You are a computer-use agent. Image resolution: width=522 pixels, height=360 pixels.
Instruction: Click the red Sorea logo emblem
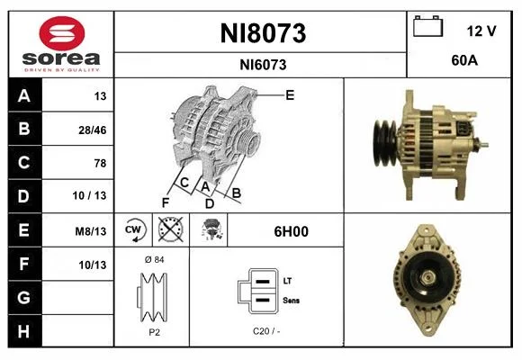(x=62, y=33)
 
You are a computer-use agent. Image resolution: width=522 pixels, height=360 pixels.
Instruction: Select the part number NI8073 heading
(x=263, y=33)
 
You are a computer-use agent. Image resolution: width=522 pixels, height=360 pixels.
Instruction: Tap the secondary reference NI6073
(x=263, y=65)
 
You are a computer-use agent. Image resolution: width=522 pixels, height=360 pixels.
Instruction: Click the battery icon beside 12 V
(x=428, y=26)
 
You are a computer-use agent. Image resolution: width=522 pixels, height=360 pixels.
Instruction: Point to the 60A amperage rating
(x=464, y=60)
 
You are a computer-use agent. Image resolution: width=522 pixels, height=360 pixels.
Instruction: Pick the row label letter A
(x=24, y=96)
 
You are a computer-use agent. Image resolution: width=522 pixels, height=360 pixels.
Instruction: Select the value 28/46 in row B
(x=92, y=130)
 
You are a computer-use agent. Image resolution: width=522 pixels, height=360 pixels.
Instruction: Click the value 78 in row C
(x=100, y=163)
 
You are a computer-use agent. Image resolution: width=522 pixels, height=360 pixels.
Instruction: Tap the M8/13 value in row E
(x=91, y=231)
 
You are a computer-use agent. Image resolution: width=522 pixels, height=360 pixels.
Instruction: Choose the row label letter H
(x=23, y=331)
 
